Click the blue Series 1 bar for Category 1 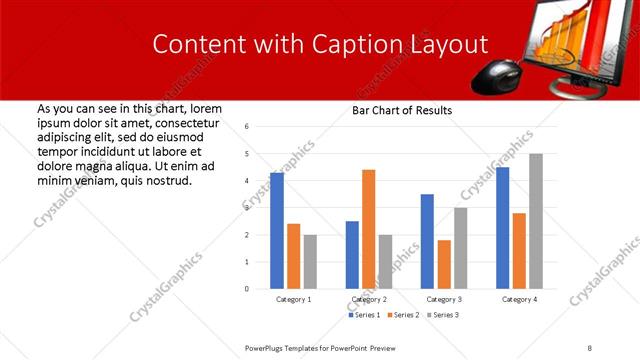(x=277, y=231)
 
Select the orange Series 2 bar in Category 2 (x=368, y=229)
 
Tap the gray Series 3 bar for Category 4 (x=536, y=221)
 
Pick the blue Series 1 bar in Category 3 (x=427, y=241)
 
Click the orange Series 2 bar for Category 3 (x=444, y=264)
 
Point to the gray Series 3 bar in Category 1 (x=310, y=262)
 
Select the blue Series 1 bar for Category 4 (x=502, y=228)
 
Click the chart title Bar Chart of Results (x=402, y=110)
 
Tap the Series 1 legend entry (x=363, y=315)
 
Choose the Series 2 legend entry (x=402, y=315)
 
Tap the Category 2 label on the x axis (x=368, y=299)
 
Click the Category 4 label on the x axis (x=519, y=299)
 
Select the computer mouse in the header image (x=498, y=73)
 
